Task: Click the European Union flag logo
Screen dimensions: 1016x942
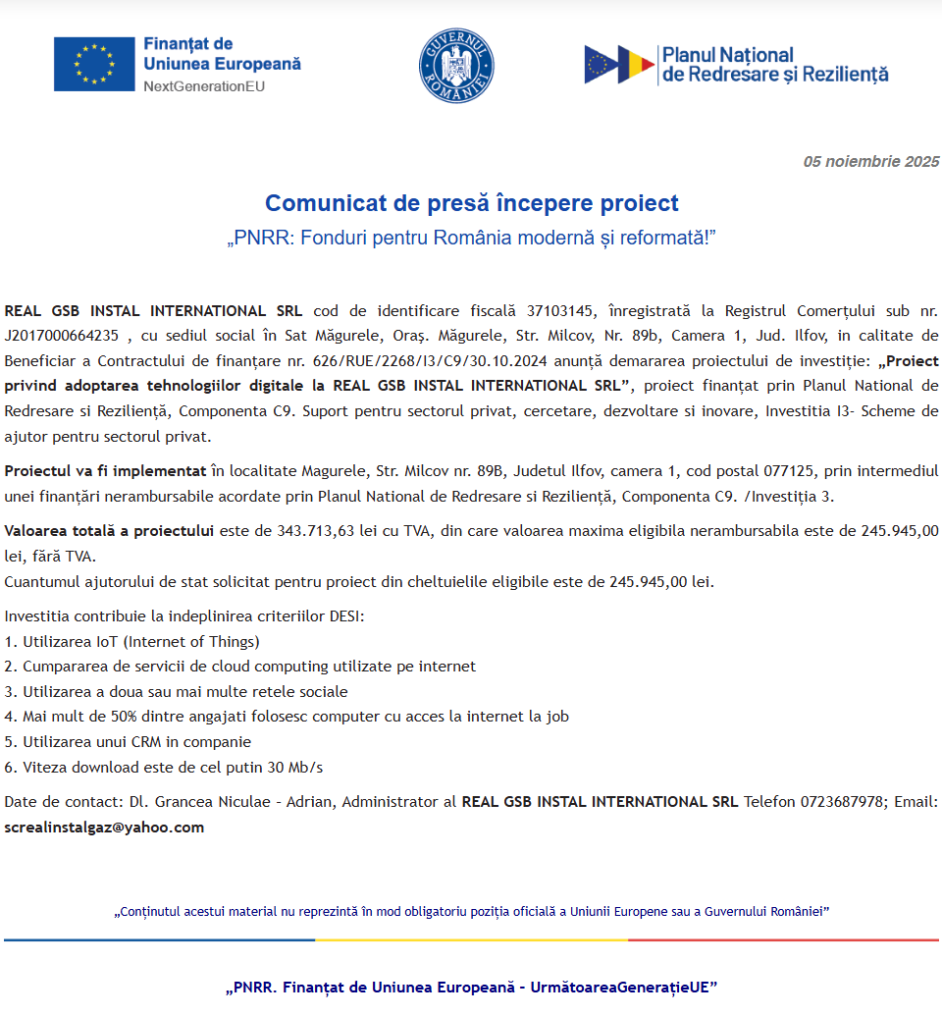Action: [94, 64]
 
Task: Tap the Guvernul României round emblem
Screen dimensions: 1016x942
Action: [456, 66]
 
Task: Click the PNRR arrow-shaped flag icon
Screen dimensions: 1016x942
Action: [619, 65]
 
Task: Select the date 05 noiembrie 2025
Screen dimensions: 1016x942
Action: [871, 162]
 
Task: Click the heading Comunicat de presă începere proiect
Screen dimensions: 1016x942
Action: [471, 203]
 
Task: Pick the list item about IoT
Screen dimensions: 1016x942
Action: [132, 642]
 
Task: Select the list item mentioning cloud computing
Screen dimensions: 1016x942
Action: [240, 667]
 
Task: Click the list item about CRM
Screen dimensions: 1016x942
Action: [129, 742]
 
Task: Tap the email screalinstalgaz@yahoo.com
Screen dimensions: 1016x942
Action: [104, 828]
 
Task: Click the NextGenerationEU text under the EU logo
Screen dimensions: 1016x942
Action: [204, 87]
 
